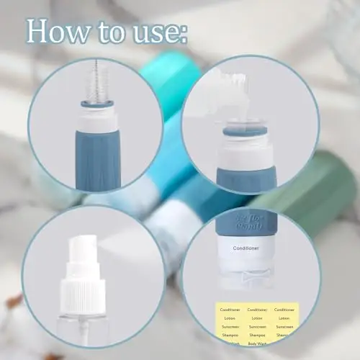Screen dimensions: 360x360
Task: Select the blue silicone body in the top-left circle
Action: (x=99, y=158)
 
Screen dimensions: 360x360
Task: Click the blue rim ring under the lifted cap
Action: (x=245, y=132)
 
